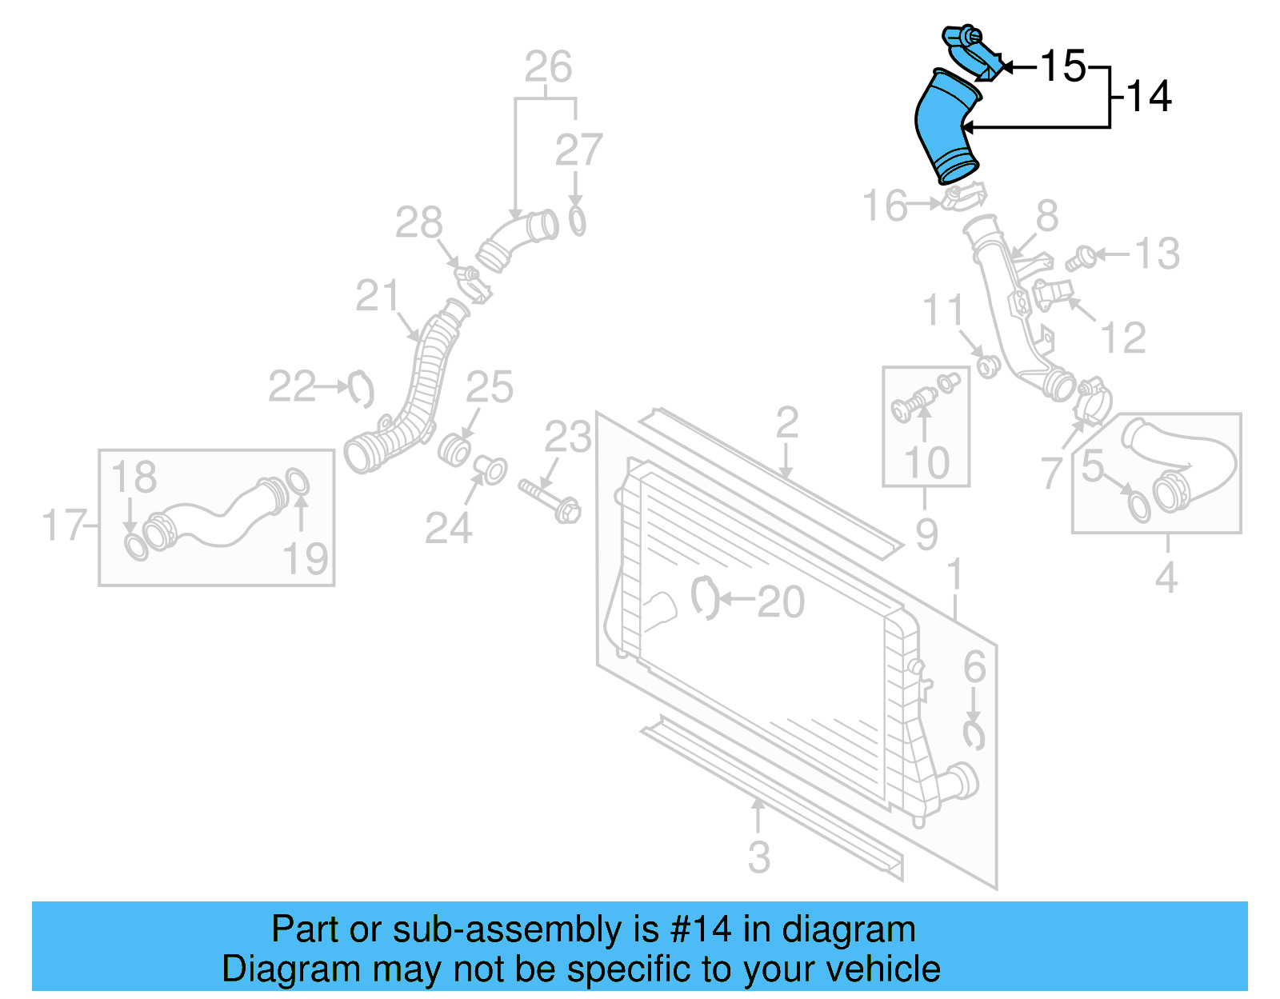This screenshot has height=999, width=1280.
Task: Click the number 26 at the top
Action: point(548,67)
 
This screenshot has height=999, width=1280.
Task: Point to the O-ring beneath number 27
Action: point(577,221)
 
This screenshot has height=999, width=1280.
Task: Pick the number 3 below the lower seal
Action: point(758,857)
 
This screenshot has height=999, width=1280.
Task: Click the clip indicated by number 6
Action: point(973,735)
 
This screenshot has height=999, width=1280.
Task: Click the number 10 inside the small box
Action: point(926,463)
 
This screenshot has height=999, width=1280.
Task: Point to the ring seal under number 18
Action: point(136,547)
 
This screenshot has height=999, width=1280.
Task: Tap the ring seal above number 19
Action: point(297,482)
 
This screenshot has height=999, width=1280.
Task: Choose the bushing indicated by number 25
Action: point(455,450)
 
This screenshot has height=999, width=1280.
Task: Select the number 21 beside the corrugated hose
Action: point(377,297)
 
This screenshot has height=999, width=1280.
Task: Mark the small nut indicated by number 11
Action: point(988,367)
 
